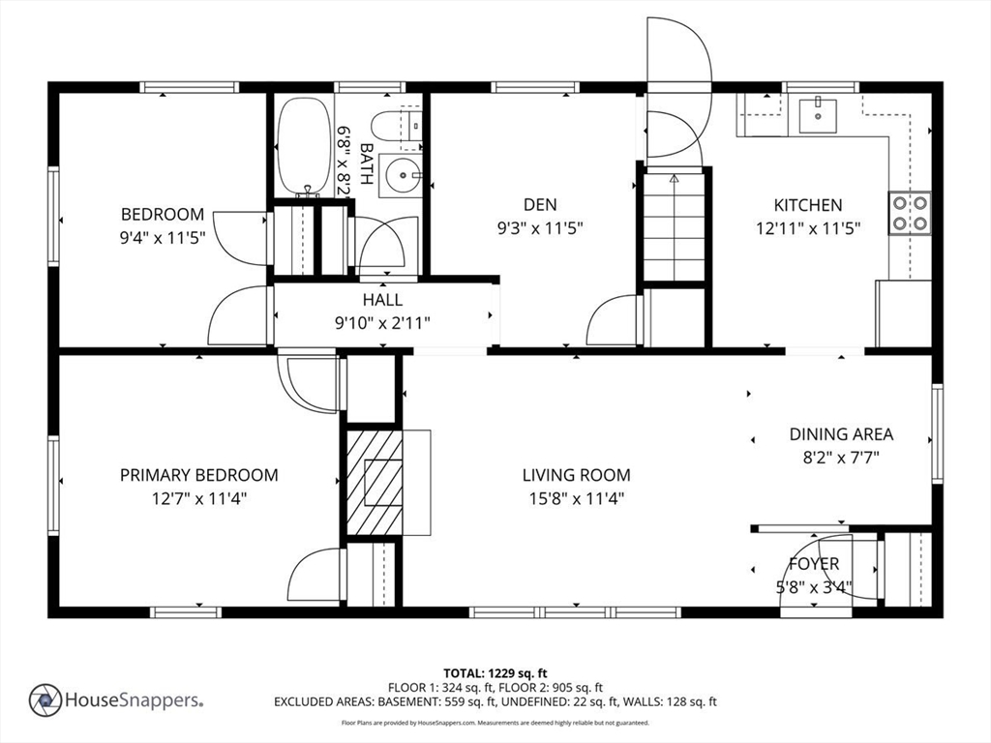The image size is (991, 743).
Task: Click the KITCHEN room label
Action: (808, 205)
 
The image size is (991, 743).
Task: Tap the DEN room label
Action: (540, 205)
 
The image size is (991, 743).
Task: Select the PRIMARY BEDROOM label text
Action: (199, 475)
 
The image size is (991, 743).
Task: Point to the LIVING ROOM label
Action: (577, 475)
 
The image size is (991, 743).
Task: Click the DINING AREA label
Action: (841, 434)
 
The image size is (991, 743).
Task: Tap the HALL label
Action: (382, 300)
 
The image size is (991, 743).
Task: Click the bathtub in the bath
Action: (304, 147)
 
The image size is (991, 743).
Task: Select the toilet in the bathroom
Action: (396, 127)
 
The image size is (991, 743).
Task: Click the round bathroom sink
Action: (400, 171)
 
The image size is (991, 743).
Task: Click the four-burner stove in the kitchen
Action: (910, 213)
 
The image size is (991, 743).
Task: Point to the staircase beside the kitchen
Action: (674, 226)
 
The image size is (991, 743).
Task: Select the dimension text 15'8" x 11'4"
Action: (577, 499)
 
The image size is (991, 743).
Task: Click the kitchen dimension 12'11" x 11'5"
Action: (808, 228)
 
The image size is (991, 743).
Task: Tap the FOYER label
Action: (814, 564)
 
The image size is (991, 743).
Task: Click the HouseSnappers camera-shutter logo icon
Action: (45, 700)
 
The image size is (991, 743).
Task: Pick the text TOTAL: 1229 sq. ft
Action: (495, 673)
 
